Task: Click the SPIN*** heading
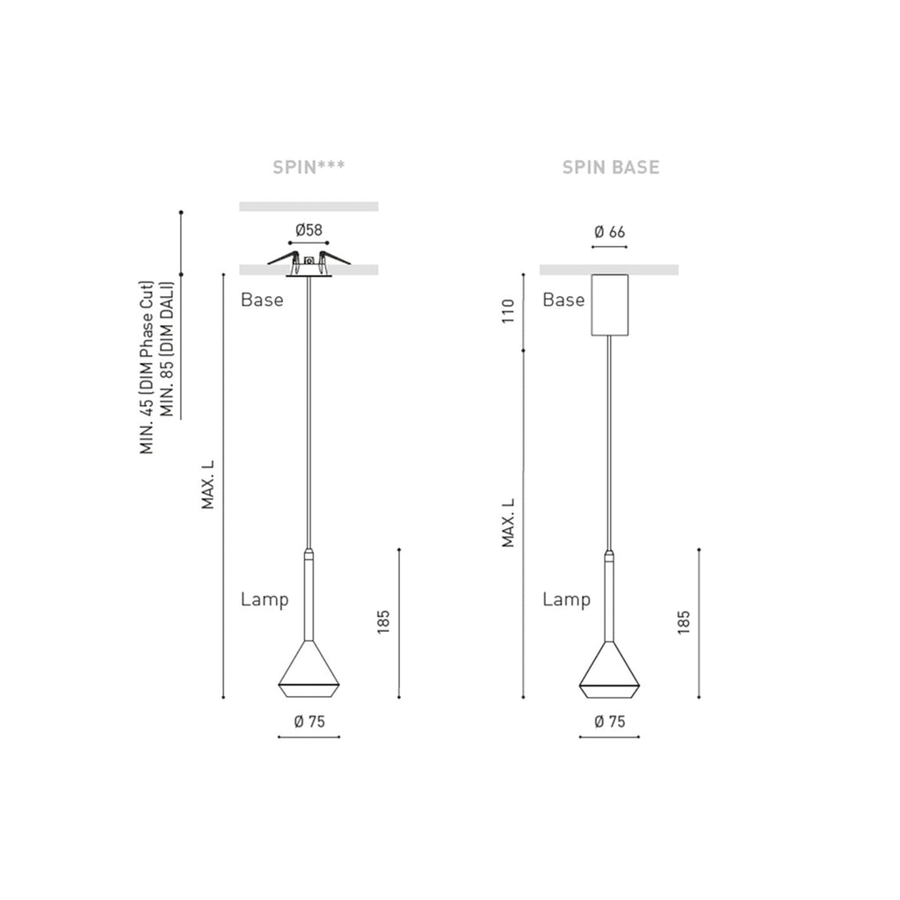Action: coord(308,167)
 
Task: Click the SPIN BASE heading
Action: coord(611,167)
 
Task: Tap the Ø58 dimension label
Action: coord(308,231)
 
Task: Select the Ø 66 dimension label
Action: coord(610,232)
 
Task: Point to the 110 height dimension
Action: coord(509,311)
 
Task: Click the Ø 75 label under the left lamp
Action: coord(309,722)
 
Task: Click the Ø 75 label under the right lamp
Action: coord(610,722)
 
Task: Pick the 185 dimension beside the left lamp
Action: coord(383,622)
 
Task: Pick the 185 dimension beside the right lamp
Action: coord(684,622)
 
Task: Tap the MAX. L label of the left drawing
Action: coord(207,484)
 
